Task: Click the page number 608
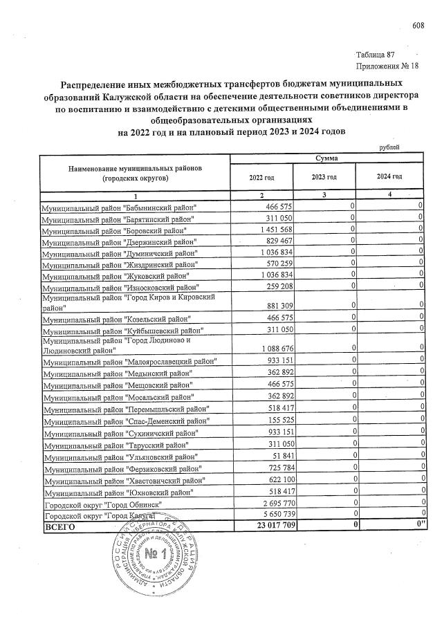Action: point(417,26)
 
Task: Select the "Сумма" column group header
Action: point(326,158)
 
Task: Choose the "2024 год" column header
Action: point(389,177)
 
